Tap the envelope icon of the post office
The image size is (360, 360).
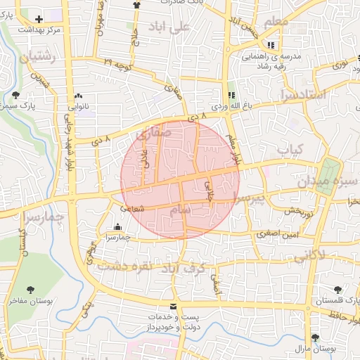pyautogui.click(x=173, y=307)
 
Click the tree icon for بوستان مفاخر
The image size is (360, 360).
pyautogui.click(x=30, y=290)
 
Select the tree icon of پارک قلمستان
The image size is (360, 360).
pyautogui.click(x=338, y=290)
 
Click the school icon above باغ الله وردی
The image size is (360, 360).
pyautogui.click(x=231, y=95)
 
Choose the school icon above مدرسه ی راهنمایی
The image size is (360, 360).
pyautogui.click(x=271, y=45)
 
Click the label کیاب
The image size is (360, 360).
pyautogui.click(x=289, y=150)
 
